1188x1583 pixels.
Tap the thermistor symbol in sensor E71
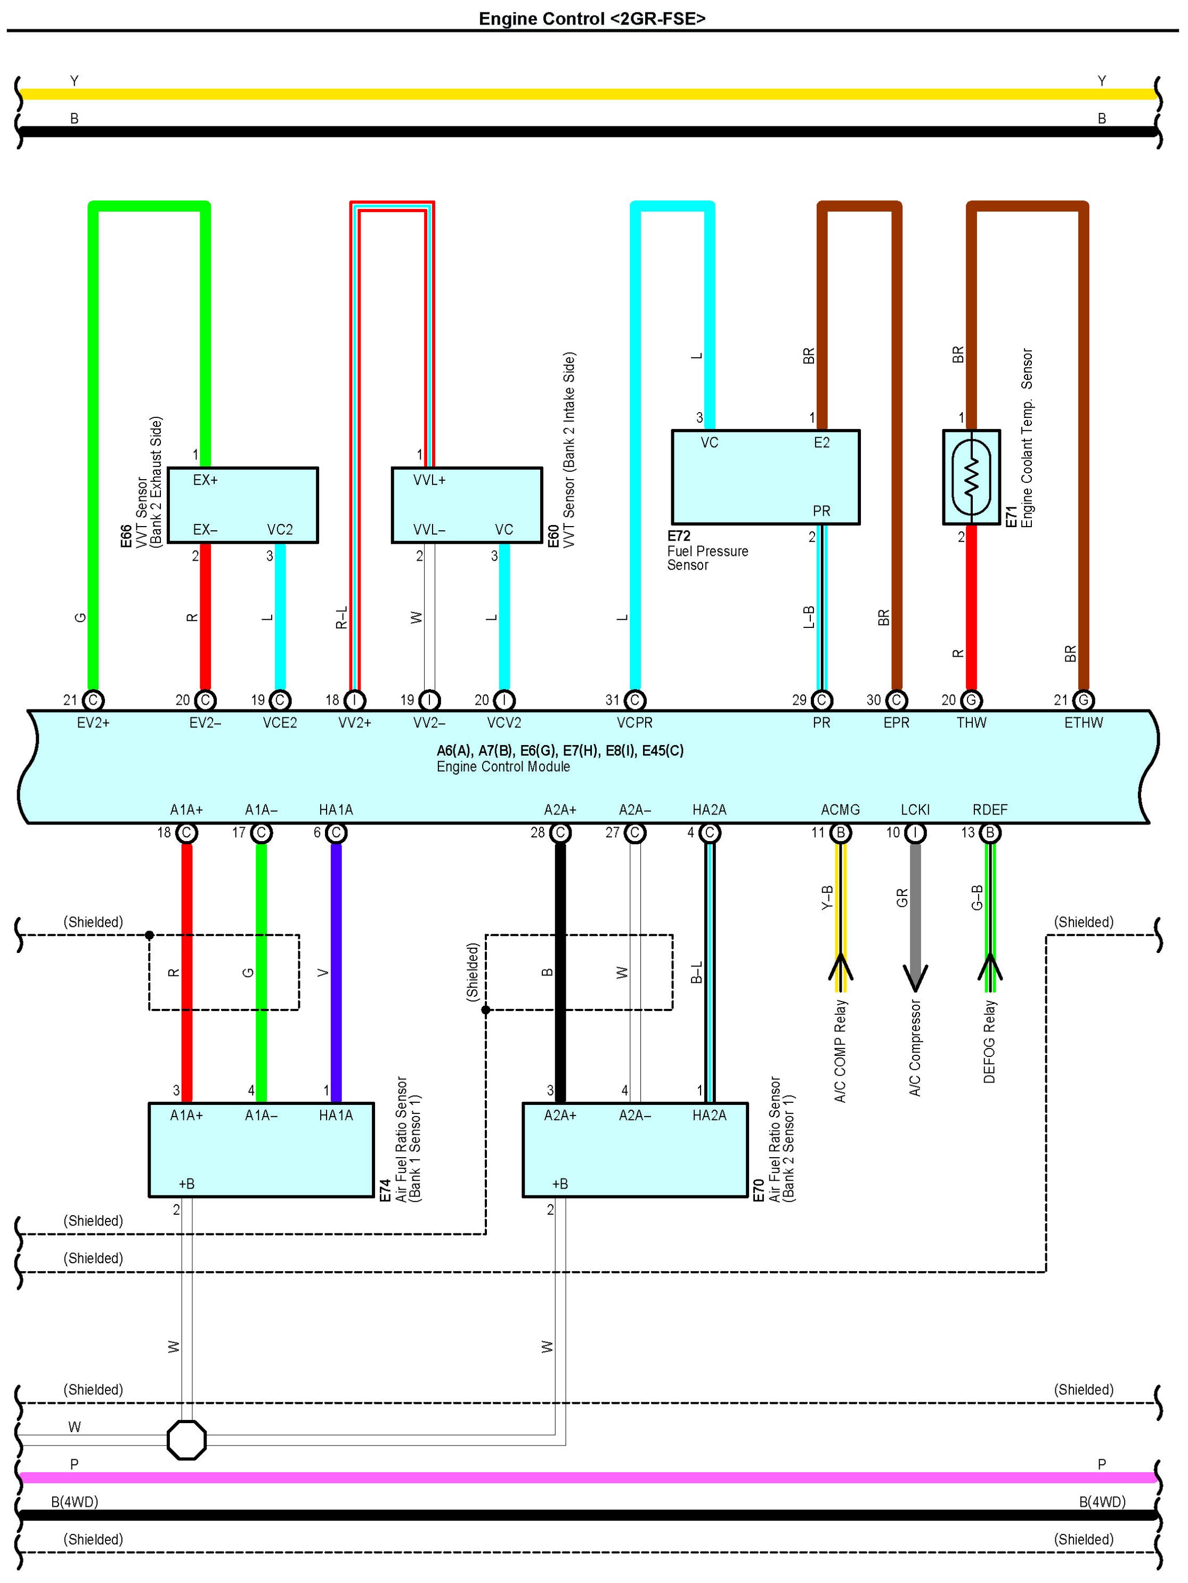[x=971, y=476]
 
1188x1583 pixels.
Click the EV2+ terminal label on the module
[x=93, y=723]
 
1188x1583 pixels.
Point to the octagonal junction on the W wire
[x=186, y=1440]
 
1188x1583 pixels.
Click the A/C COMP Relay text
[x=841, y=1051]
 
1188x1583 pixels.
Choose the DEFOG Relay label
[x=990, y=1041]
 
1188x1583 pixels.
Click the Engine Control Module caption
[x=503, y=766]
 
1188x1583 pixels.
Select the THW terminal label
[x=971, y=723]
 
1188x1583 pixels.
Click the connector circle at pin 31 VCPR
[x=634, y=700]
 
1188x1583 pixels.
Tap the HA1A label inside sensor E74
[x=336, y=1115]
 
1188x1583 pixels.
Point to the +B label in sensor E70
[x=559, y=1184]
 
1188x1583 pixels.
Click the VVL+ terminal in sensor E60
[x=429, y=480]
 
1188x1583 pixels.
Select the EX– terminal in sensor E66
[x=205, y=530]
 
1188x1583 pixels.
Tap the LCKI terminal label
[x=915, y=810]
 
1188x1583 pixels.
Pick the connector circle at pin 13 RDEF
[x=990, y=833]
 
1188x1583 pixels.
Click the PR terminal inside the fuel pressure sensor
[x=821, y=511]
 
